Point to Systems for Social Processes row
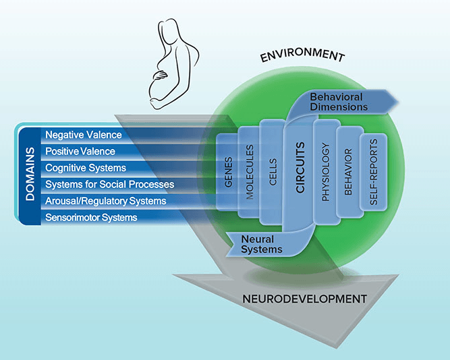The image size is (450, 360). tap(109, 184)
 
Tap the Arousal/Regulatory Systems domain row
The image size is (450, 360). tap(105, 201)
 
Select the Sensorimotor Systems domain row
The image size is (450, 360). tap(91, 217)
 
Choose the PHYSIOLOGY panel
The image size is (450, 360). tap(325, 172)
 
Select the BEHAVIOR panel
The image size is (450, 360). tap(348, 173)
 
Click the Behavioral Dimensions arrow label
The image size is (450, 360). tap(339, 102)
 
